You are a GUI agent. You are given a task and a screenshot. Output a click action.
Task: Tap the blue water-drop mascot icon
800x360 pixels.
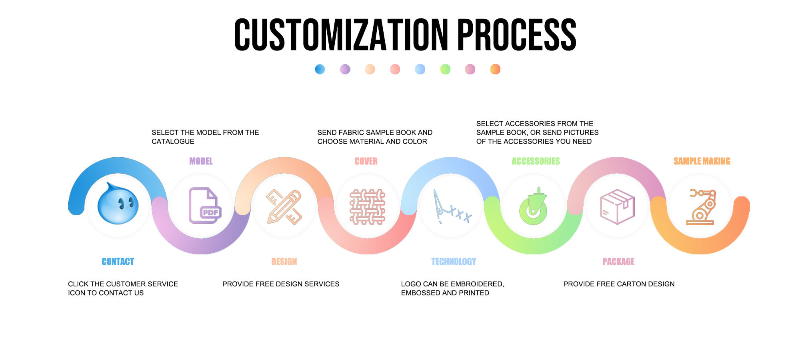point(118,204)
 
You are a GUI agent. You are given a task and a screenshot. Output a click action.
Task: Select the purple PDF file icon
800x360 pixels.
point(204,206)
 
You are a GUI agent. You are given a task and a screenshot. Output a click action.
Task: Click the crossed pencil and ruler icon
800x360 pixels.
point(284,207)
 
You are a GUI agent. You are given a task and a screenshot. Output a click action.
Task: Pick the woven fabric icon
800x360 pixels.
point(367,206)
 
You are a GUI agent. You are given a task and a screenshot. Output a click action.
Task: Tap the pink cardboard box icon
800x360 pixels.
point(617,206)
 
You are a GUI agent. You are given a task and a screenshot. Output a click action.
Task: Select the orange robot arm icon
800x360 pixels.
point(701,206)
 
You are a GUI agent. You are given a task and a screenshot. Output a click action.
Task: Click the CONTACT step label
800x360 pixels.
point(118,262)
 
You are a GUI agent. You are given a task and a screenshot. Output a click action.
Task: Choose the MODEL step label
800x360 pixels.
point(201,161)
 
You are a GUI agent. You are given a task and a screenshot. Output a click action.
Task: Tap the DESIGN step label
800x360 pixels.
point(284,262)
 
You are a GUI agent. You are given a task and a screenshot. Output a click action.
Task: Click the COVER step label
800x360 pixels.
point(366,161)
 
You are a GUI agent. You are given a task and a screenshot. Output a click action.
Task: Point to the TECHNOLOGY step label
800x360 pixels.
point(454,262)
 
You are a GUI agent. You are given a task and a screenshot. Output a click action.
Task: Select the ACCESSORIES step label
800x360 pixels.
point(536,161)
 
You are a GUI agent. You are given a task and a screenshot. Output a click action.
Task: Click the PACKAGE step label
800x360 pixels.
point(618,262)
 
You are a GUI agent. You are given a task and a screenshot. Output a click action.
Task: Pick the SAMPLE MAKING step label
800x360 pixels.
point(702,161)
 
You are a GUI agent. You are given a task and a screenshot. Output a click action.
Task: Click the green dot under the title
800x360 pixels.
point(445,69)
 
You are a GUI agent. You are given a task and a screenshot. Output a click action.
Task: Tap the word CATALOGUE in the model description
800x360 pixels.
point(173,142)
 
